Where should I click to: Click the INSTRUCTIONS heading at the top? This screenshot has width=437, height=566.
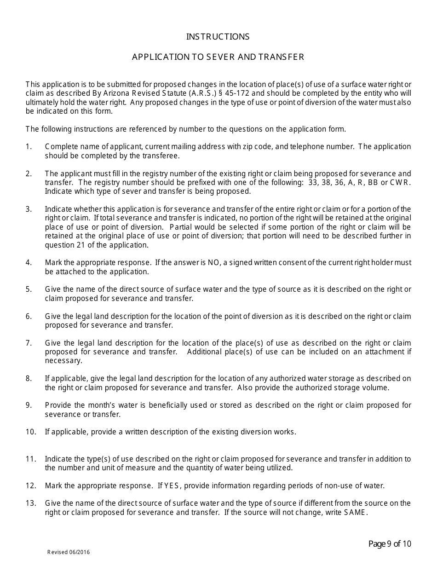pos(218,37)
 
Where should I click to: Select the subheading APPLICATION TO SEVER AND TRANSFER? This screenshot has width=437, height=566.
pos(218,57)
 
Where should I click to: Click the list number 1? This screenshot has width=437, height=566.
pos(29,147)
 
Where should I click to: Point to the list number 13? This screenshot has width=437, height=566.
pos(31,503)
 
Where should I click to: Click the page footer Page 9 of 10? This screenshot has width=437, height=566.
pos(390,544)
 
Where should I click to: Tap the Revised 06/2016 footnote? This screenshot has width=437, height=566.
pos(69,552)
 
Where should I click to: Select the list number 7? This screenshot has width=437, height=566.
pos(29,343)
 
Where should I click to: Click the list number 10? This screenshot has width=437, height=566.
pos(31,432)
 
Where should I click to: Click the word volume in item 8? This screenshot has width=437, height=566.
pos(377,387)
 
